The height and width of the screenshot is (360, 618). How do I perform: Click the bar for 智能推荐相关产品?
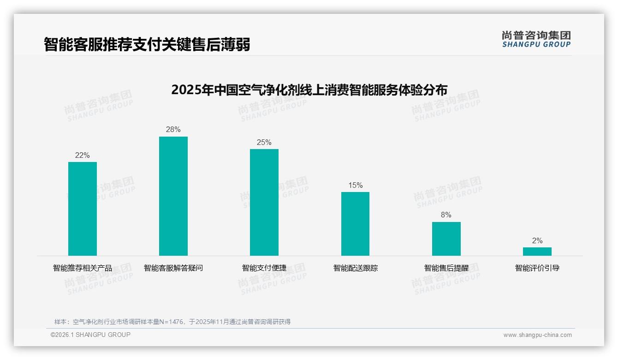tap(83, 209)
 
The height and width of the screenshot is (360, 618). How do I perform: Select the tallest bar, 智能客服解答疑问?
tap(173, 196)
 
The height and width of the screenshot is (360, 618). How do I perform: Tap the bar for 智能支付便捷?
tap(264, 202)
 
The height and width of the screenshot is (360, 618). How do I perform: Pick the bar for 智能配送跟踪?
tap(355, 224)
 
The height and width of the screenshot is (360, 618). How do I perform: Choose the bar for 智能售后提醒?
tap(446, 239)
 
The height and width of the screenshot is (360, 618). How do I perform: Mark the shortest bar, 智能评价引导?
tap(537, 252)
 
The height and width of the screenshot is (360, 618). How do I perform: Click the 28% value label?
tap(173, 130)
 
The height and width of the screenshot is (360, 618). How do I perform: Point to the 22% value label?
tap(83, 156)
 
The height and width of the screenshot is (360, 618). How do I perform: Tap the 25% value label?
tap(264, 143)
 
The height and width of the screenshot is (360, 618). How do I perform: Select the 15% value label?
tap(355, 186)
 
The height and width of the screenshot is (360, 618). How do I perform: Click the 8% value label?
tap(446, 215)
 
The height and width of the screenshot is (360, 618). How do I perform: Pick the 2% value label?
tap(537, 241)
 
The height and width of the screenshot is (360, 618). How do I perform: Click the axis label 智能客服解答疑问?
tap(173, 268)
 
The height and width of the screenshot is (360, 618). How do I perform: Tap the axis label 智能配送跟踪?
tap(355, 268)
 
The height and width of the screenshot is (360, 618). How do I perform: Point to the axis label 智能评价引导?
tap(537, 268)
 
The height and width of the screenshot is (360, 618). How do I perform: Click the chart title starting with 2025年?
tap(309, 90)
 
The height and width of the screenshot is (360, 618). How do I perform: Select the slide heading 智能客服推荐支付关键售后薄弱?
tap(147, 44)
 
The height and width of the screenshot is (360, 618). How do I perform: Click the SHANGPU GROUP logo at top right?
tap(536, 39)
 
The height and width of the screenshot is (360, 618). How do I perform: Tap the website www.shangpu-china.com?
tap(537, 335)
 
